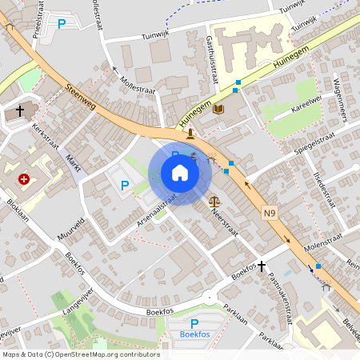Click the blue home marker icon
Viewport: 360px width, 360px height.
click(179, 172)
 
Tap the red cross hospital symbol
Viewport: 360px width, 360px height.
click(25, 180)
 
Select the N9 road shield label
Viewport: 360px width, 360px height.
click(270, 213)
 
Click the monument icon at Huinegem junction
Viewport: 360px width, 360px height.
click(190, 134)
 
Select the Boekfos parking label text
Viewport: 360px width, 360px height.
click(194, 334)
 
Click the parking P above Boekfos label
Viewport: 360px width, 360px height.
click(194, 323)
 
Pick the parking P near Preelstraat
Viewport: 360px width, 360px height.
click(62, 24)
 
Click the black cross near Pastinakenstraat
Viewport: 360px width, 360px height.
click(261, 265)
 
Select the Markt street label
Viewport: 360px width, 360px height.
click(74, 163)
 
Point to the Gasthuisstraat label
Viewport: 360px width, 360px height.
click(213, 60)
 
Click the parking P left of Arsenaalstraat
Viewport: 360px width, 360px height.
click(124, 186)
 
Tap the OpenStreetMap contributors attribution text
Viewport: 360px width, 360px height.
click(80, 354)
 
